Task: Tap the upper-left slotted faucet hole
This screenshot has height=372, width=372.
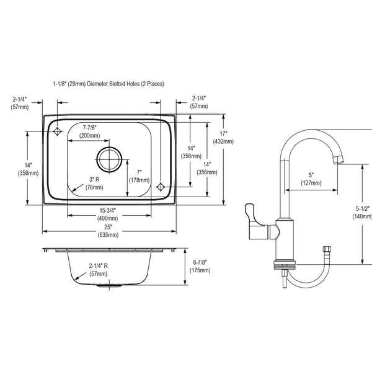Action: [58, 131]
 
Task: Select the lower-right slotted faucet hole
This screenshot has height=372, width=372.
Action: [161, 187]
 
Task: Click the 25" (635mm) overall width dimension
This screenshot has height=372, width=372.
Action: [108, 231]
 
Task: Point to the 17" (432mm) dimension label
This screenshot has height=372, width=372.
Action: [223, 138]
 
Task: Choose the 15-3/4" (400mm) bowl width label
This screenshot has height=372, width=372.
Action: [107, 215]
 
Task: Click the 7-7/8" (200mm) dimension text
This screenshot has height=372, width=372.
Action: [90, 131]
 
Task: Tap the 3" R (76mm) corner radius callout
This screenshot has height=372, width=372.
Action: [94, 184]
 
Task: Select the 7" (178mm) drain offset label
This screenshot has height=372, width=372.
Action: [139, 176]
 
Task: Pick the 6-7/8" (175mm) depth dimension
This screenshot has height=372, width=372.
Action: [200, 266]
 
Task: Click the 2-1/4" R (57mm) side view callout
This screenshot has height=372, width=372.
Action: [98, 270]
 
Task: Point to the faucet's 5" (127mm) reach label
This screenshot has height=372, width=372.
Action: [311, 179]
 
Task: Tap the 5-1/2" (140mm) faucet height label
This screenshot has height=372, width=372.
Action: [363, 212]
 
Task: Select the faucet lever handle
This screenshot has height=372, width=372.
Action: [255, 221]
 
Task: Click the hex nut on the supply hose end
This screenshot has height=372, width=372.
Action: [327, 250]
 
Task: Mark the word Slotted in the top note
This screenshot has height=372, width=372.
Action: [117, 84]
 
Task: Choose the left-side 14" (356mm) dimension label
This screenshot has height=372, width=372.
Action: [28, 169]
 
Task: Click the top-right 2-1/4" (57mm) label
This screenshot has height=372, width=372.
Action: [199, 102]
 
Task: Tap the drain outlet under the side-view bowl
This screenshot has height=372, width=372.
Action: [109, 286]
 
